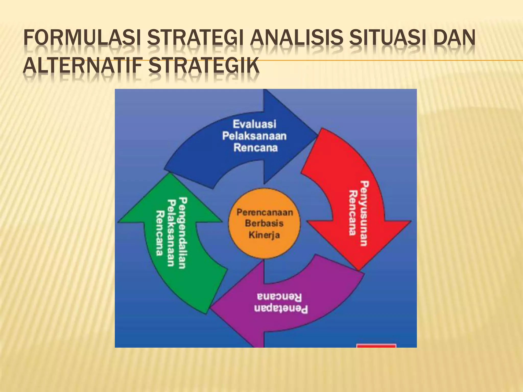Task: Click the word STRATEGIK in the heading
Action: (x=204, y=66)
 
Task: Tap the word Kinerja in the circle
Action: (x=264, y=235)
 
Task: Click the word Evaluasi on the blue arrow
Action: (x=254, y=124)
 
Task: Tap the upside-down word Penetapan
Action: (x=281, y=309)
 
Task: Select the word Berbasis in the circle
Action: (x=264, y=223)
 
